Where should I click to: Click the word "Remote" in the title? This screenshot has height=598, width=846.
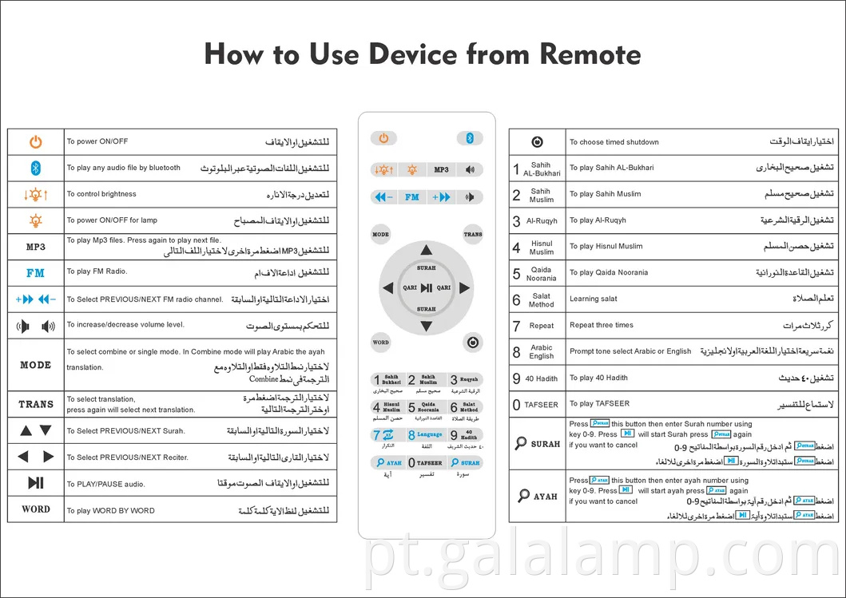pos(590,55)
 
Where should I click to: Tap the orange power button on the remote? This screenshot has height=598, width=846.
pos(383,138)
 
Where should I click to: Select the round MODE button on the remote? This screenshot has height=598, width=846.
pos(381,235)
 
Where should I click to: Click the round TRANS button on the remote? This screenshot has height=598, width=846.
pos(473,235)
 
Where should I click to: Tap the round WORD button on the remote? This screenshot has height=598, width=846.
pos(381,343)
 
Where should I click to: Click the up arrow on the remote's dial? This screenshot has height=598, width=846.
pos(427,250)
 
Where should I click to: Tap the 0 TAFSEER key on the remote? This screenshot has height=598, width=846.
pos(426,462)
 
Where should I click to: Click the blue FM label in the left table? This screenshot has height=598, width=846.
pos(35,273)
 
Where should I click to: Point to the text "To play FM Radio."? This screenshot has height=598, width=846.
pos(97,271)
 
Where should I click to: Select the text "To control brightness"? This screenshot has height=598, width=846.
pos(101,194)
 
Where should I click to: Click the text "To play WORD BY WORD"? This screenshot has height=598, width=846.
pos(110,511)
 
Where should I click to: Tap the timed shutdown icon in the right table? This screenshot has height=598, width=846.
pos(537,142)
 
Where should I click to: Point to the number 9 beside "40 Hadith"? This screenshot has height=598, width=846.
pos(516,378)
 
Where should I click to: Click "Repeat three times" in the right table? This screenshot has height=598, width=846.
pos(602,325)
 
